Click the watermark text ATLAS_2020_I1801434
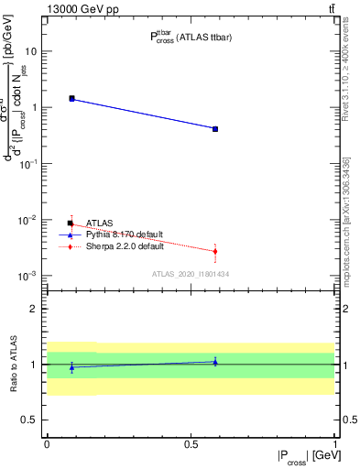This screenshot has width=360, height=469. click(191, 275)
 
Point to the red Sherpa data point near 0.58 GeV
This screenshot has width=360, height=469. click(215, 251)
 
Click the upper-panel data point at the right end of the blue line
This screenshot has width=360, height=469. click(215, 129)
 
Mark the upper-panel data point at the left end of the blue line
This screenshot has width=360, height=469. click(71, 98)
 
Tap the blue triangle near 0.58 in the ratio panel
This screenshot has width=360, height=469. click(215, 362)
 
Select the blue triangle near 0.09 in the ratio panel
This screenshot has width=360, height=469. click(71, 367)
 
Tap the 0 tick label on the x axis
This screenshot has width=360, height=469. click(46, 443)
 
